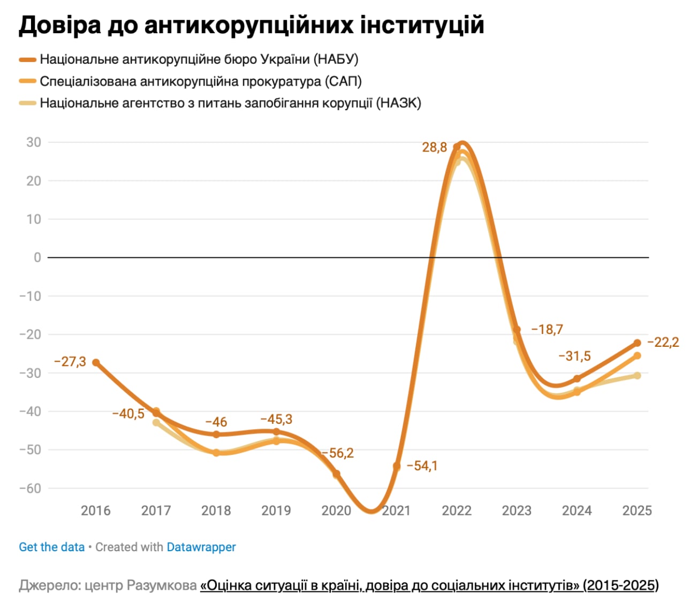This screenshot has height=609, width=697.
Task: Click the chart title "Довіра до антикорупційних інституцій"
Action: [x=251, y=25]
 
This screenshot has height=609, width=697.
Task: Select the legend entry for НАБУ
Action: [x=199, y=59]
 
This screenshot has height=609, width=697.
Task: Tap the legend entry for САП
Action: [x=201, y=81]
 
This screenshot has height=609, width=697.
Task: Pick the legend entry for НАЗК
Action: [x=230, y=103]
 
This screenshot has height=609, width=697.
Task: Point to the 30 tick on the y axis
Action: [x=34, y=142]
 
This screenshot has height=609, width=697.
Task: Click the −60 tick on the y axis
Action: [x=30, y=488]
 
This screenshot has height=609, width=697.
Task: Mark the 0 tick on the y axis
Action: [x=37, y=257]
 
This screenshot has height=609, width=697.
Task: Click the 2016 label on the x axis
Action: [x=96, y=511]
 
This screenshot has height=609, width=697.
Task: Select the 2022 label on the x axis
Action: [x=457, y=511]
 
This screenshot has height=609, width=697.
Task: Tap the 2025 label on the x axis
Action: [x=637, y=511]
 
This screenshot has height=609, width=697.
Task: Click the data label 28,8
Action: [x=434, y=147]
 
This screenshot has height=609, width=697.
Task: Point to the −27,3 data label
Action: [x=70, y=362]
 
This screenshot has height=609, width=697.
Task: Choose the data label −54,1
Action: [x=422, y=466]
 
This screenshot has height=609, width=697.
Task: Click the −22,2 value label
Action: [x=663, y=342]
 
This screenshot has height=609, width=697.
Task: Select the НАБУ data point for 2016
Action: [x=96, y=362]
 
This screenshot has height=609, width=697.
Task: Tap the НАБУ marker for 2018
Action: [x=216, y=435]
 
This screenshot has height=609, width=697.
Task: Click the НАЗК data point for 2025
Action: [x=637, y=376]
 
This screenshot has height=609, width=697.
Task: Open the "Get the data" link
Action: [x=52, y=547]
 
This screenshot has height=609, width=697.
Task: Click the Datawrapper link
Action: [x=201, y=547]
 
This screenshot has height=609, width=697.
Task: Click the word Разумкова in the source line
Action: [x=162, y=585]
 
